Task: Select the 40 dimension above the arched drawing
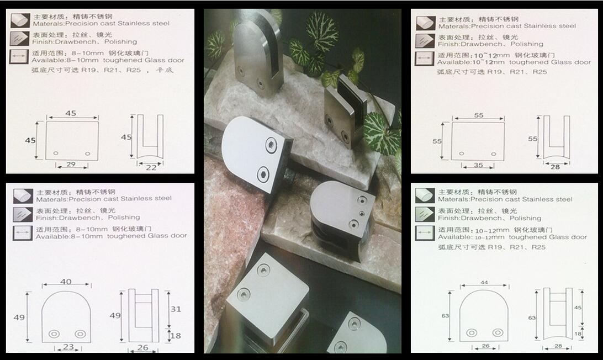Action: click(x=66, y=282)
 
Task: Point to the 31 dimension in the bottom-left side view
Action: click(x=176, y=309)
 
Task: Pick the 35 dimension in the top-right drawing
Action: click(x=478, y=165)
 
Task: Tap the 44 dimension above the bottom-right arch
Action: click(x=484, y=283)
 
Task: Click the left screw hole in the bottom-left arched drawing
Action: click(x=54, y=334)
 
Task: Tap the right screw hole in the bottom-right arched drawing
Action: click(x=498, y=332)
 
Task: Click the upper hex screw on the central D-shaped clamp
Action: click(x=271, y=145)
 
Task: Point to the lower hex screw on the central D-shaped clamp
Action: click(x=263, y=174)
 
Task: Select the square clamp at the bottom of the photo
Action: click(x=266, y=301)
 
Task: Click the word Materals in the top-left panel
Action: click(x=49, y=24)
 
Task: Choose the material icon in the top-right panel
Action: click(x=425, y=23)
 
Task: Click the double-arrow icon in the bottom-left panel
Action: click(x=22, y=232)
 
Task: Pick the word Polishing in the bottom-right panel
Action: click(x=525, y=218)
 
